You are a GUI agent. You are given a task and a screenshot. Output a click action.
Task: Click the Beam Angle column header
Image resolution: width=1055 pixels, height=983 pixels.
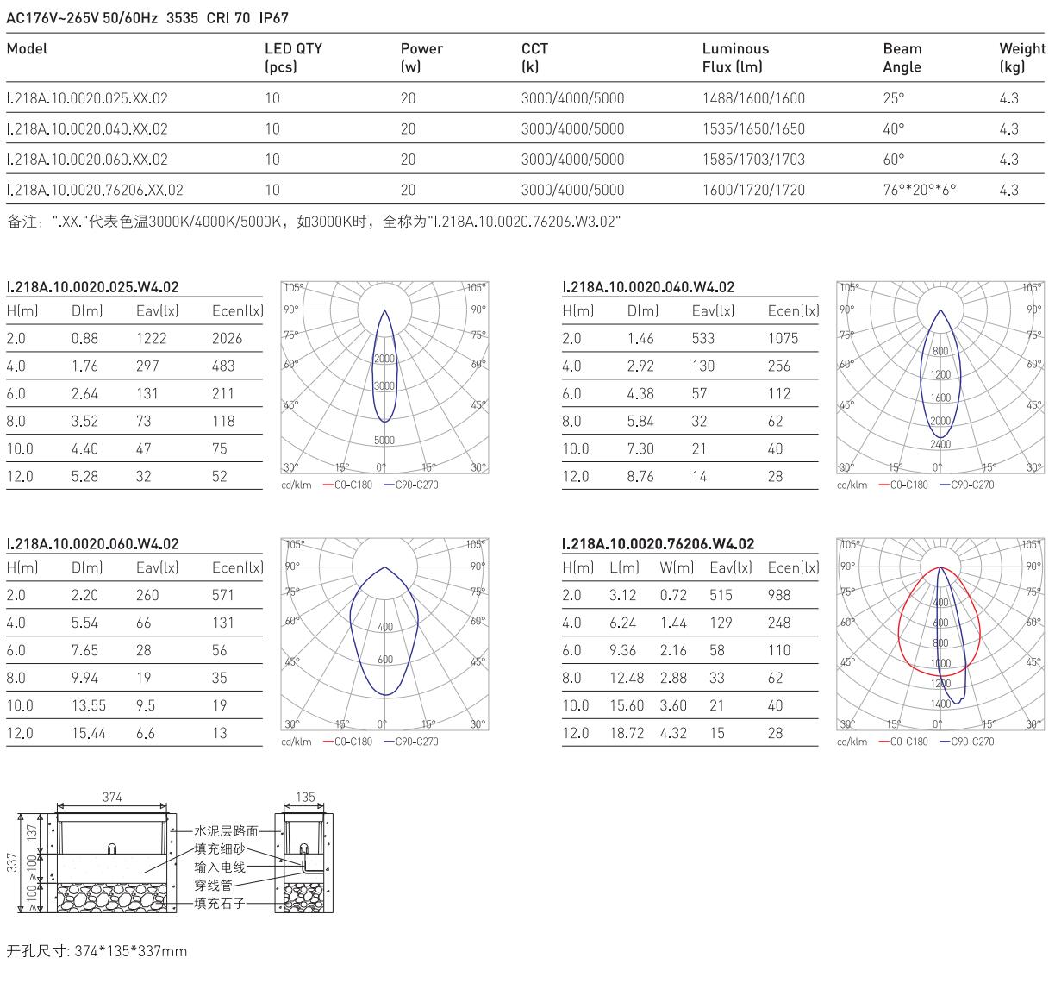pos(902,58)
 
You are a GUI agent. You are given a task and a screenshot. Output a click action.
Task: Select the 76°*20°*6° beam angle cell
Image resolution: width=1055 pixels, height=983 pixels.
pos(919,190)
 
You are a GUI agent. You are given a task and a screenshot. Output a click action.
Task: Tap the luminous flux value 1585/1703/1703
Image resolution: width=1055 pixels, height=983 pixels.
pos(753,160)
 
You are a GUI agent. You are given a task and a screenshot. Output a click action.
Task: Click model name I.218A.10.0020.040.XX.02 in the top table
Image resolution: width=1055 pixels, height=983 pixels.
pos(87,129)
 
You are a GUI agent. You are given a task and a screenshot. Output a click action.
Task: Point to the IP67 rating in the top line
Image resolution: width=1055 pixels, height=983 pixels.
pos(273,18)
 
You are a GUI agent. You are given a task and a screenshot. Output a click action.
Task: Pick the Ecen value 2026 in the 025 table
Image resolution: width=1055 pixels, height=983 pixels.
pos(227,338)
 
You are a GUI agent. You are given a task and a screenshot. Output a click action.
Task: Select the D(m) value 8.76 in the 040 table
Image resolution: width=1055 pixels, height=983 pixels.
pos(640,476)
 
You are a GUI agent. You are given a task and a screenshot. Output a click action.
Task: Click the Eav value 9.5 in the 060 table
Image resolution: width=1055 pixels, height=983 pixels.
pos(146,705)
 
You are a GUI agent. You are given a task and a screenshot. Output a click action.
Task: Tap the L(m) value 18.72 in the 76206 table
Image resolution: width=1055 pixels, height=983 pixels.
pos(627,733)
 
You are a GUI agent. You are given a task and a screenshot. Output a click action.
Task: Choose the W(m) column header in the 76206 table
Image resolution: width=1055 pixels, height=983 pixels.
pos(677,567)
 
